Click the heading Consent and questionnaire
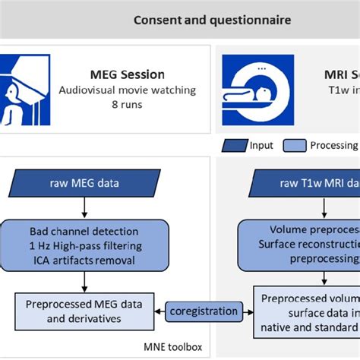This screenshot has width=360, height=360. (x=212, y=20)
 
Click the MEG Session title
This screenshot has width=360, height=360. (x=127, y=74)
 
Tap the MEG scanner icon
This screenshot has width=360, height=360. (x=25, y=90)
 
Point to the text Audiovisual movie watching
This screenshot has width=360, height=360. (x=127, y=90)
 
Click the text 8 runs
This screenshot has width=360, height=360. (x=127, y=105)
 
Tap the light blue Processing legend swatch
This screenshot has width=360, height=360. (x=295, y=146)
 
